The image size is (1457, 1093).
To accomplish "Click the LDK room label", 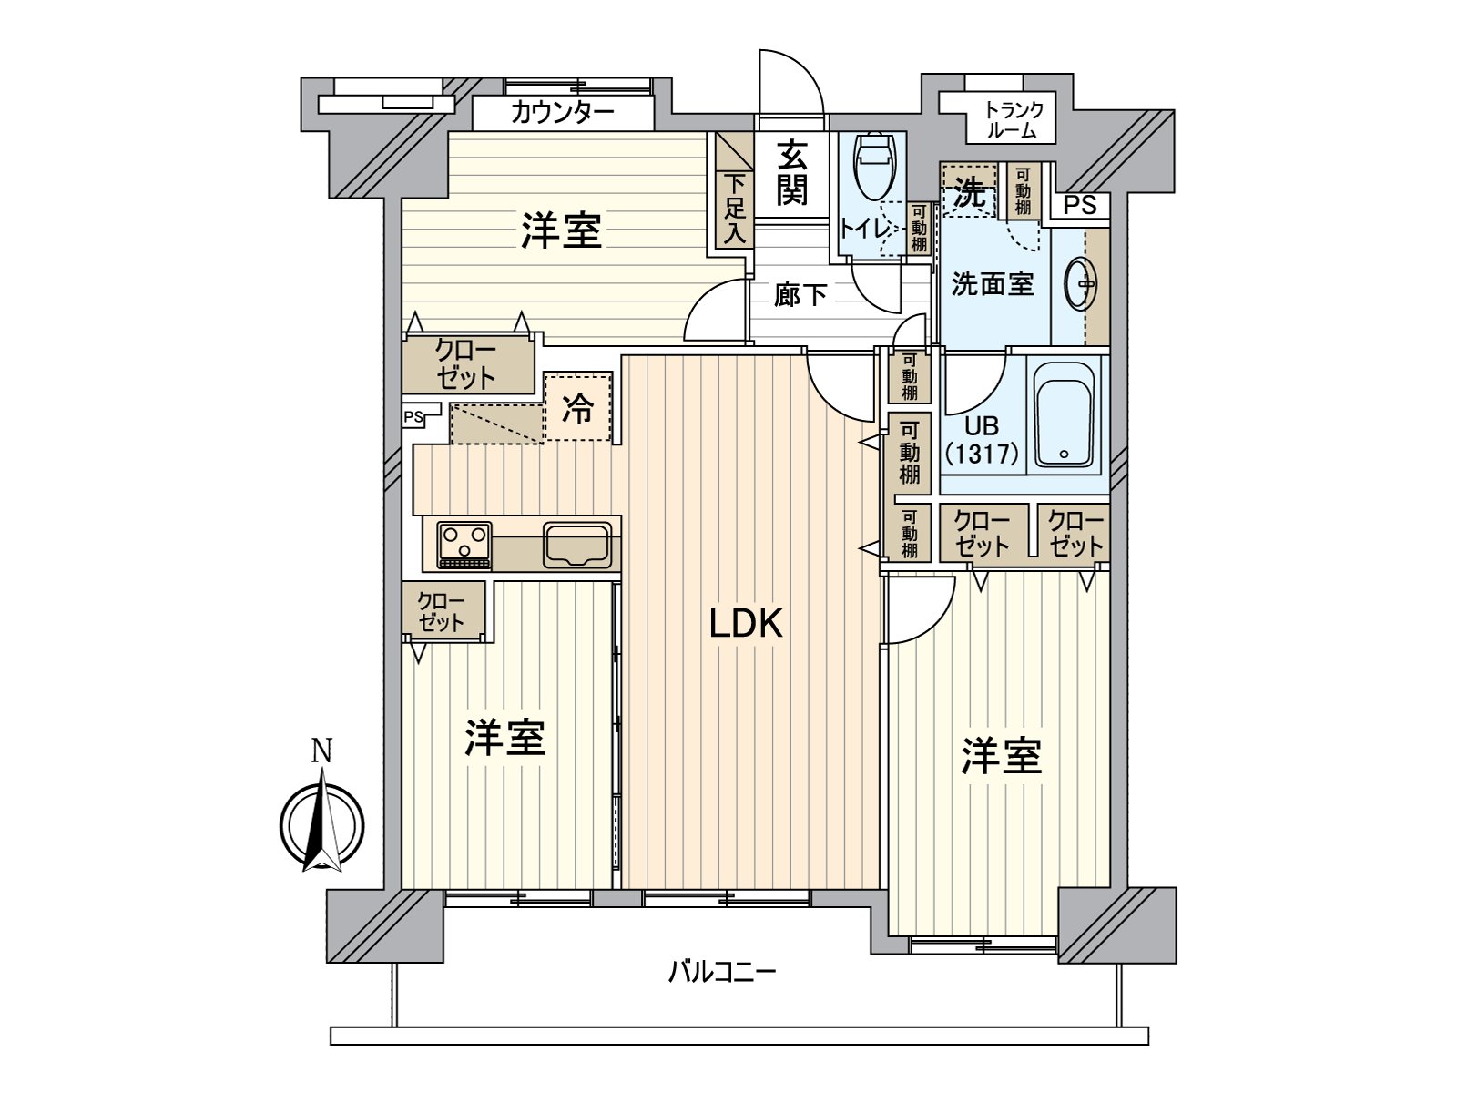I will pyautogui.click(x=746, y=625).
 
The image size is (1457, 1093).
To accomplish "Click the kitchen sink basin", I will pyautogui.click(x=576, y=546).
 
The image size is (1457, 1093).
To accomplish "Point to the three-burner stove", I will pyautogui.click(x=464, y=545).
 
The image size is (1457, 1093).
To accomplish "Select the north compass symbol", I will pyautogui.click(x=321, y=820).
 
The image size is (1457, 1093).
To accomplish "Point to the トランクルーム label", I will pyautogui.click(x=1012, y=119).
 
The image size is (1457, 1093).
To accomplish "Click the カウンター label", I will pyautogui.click(x=562, y=114).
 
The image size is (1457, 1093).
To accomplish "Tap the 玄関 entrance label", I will pyautogui.click(x=791, y=176).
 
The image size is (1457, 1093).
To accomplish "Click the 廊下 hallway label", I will pyautogui.click(x=800, y=294).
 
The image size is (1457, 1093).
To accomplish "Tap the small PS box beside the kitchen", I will pyautogui.click(x=414, y=418).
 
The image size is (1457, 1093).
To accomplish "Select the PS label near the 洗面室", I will pyautogui.click(x=1080, y=205).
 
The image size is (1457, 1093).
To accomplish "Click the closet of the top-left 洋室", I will pyautogui.click(x=467, y=364).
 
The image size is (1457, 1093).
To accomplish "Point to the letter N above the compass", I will pyautogui.click(x=321, y=751).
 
